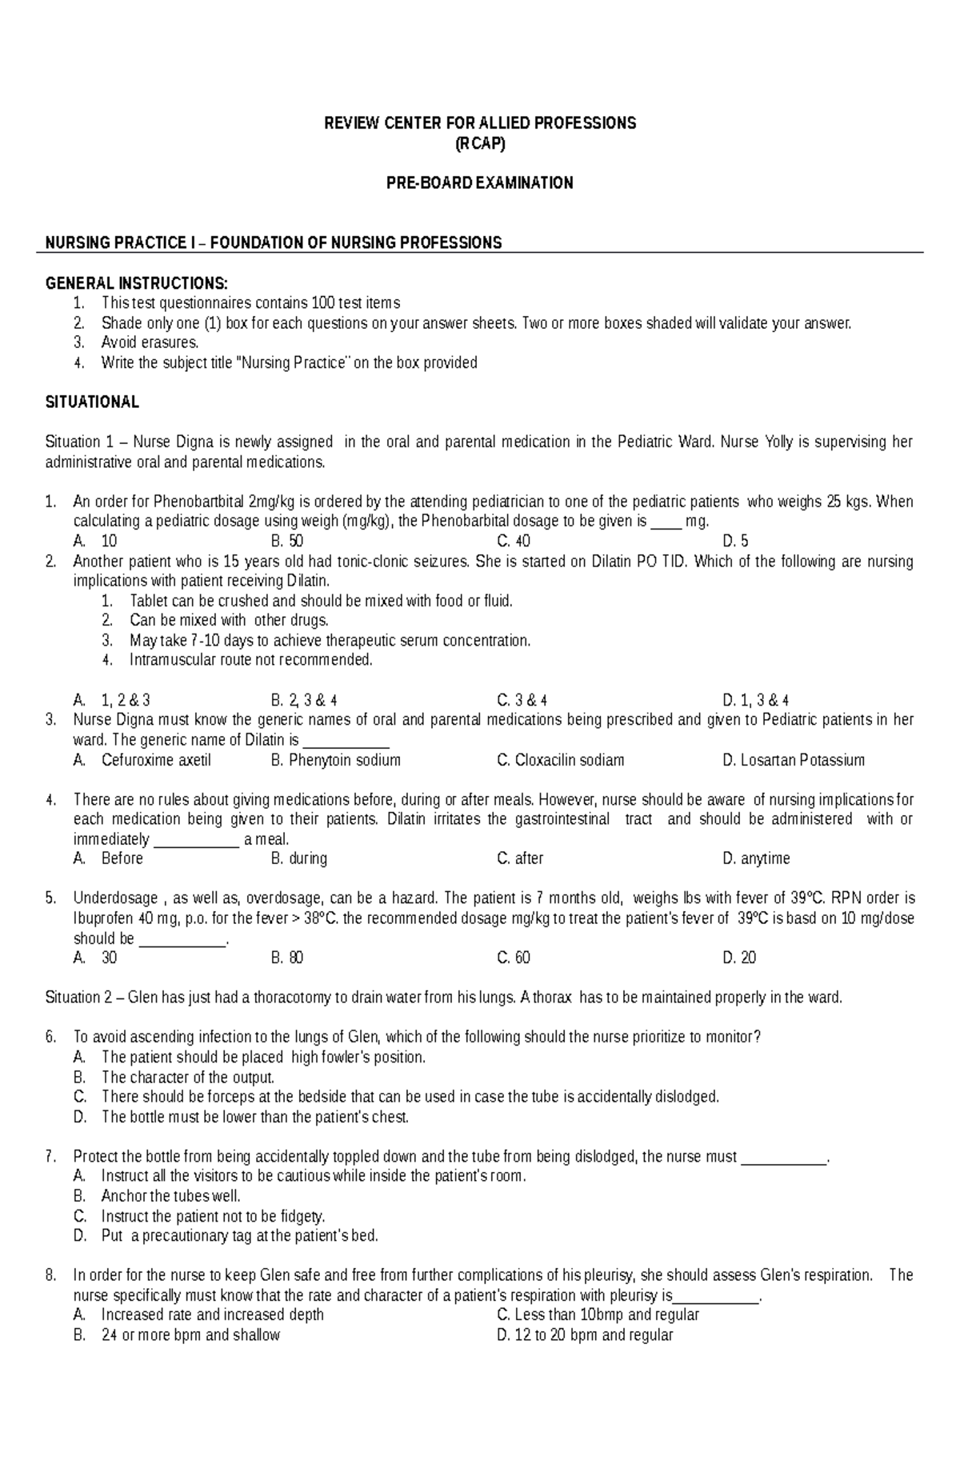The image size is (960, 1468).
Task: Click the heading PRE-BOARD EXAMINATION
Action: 479,183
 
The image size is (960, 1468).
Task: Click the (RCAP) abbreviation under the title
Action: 479,144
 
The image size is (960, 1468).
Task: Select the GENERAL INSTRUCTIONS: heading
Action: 136,283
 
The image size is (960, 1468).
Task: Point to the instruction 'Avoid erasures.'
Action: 150,342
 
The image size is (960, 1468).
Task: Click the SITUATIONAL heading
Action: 92,402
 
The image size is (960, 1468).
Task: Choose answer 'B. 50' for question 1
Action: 286,541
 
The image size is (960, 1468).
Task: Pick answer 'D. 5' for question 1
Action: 735,541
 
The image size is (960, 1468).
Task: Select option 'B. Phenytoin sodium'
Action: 335,760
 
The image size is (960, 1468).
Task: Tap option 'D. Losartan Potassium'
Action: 793,760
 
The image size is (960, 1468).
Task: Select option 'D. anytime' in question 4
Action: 755,858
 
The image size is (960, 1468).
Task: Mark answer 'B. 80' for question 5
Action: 286,958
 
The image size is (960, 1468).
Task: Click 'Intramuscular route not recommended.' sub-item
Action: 251,660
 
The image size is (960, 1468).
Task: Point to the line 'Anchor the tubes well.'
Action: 170,1196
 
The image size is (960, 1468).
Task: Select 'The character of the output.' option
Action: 188,1077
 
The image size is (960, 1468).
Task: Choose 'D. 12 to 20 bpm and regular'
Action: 584,1335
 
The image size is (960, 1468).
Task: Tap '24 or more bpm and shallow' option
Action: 190,1335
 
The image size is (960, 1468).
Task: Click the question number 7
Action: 51,1157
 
